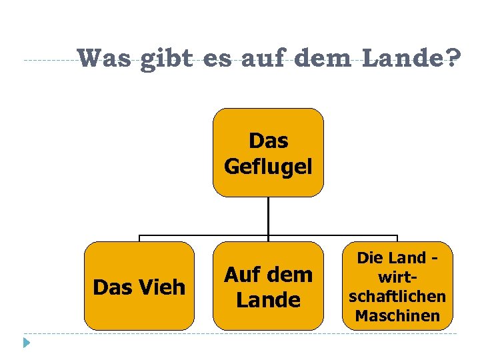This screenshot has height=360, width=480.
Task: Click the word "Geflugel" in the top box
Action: (x=268, y=165)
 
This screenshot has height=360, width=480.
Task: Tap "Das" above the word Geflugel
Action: (x=268, y=141)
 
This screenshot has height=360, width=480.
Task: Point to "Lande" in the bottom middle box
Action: (x=268, y=300)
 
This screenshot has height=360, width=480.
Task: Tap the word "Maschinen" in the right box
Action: (x=397, y=315)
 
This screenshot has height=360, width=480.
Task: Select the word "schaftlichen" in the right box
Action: (x=397, y=296)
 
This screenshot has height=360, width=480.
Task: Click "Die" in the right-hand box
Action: (x=370, y=257)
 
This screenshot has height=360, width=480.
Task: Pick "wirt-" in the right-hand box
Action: (x=397, y=277)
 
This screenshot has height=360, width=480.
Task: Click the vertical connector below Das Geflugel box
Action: (x=268, y=216)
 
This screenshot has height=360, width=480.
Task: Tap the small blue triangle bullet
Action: (x=26, y=344)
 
